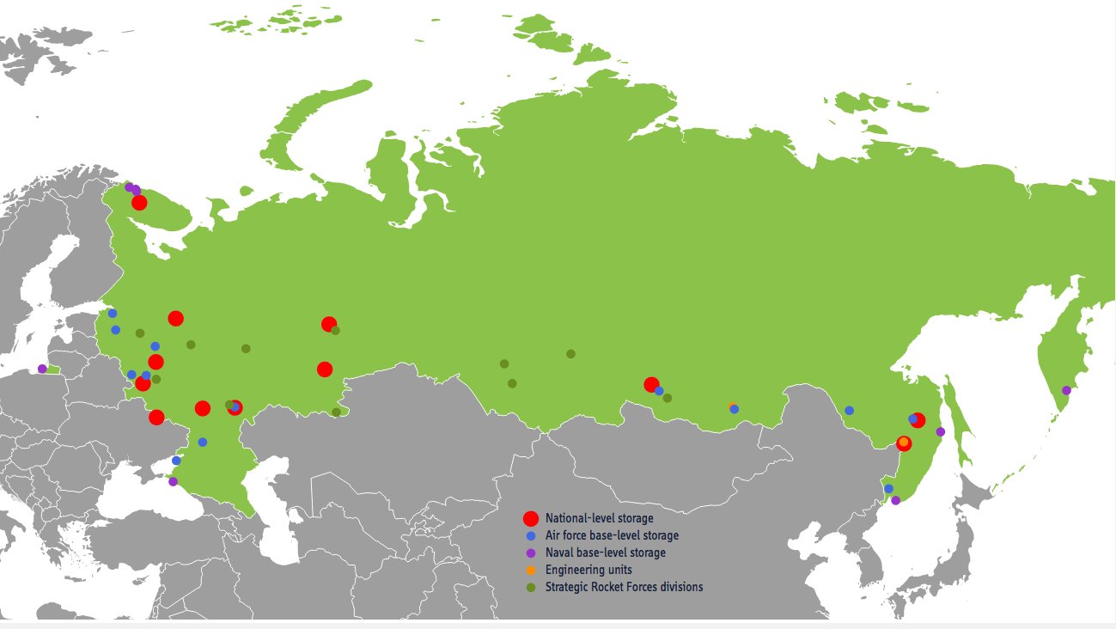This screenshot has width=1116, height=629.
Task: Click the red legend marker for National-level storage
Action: (530, 518)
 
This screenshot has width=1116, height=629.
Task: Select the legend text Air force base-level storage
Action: (612, 535)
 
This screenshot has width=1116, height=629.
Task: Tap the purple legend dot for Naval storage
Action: (530, 553)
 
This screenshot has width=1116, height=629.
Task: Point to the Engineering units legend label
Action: (588, 570)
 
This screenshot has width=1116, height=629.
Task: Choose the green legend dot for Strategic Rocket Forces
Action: (530, 587)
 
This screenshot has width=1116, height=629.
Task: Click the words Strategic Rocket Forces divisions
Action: (624, 587)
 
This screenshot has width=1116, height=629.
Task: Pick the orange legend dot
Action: (530, 570)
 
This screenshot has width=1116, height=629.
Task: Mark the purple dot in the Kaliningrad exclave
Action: (42, 369)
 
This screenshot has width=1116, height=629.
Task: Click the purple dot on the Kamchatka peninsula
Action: (1066, 390)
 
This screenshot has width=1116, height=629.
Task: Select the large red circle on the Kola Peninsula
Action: (139, 203)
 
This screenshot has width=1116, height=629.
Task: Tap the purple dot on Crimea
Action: (173, 481)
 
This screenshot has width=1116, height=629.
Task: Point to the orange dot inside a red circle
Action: (903, 443)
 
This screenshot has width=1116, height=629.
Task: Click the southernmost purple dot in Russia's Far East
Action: (895, 500)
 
